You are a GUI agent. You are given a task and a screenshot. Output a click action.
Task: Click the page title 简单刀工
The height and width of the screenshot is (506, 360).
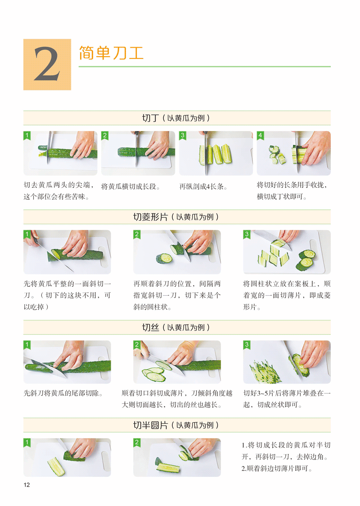click(111, 53)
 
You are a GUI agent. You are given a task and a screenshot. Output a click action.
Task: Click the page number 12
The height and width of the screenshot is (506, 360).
click(27, 485)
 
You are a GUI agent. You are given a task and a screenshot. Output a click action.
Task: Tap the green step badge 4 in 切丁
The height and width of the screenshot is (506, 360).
click(260, 135)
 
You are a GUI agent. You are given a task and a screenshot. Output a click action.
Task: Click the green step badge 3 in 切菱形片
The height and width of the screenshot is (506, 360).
click(247, 234)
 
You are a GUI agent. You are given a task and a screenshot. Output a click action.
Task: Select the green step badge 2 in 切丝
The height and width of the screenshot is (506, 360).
click(137, 345)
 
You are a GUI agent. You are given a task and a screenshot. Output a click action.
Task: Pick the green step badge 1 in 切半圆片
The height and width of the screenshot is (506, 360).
click(27, 443)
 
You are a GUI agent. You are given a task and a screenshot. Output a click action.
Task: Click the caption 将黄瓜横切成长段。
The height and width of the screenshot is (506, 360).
click(130, 186)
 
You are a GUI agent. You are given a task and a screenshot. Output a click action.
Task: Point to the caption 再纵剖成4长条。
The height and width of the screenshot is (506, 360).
click(203, 186)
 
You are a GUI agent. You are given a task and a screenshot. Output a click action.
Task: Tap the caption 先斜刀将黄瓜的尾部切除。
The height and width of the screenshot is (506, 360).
click(63, 393)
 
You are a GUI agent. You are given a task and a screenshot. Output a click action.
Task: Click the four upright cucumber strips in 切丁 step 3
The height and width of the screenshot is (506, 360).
click(216, 154)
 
